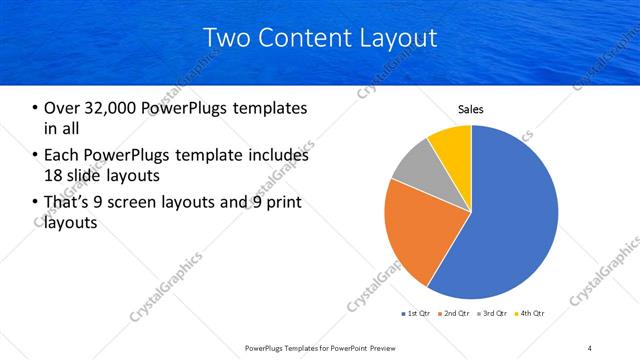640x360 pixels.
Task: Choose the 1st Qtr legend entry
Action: tap(415, 314)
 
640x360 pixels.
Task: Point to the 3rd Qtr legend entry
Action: tap(492, 314)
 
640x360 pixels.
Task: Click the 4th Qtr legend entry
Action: tap(530, 314)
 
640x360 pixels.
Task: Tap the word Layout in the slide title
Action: tap(400, 38)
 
